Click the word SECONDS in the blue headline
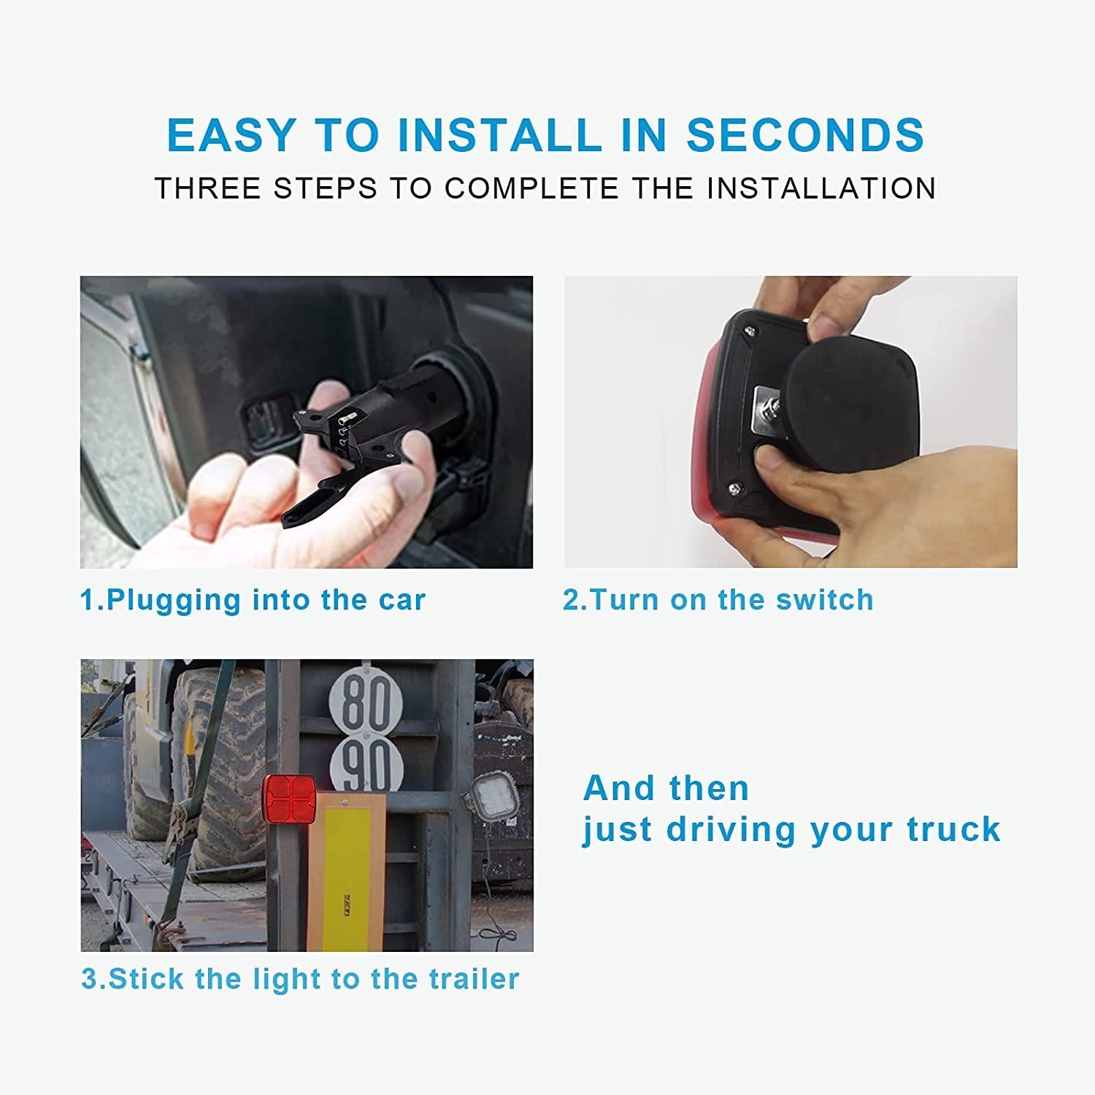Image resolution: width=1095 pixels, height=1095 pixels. click(x=805, y=135)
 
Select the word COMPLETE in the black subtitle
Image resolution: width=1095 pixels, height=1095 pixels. click(x=531, y=188)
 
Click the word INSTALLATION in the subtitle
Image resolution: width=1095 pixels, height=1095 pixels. click(x=821, y=188)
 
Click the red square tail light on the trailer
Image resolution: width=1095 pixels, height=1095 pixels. click(x=289, y=799)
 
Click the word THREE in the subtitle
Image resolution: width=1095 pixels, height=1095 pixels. click(x=208, y=188)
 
